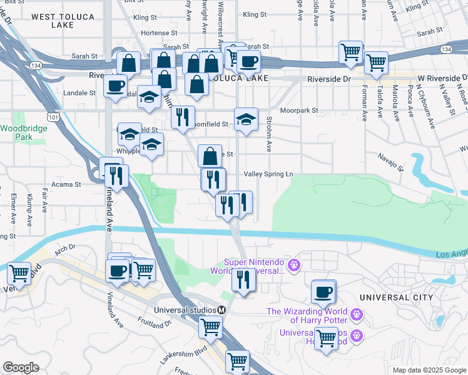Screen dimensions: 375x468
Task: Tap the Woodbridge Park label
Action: pyautogui.click(x=16, y=132)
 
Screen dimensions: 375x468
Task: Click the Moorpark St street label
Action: pyautogui.click(x=299, y=110)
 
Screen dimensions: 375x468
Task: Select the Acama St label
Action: pyautogui.click(x=69, y=184)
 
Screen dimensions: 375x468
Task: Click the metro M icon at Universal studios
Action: pyautogui.click(x=221, y=311)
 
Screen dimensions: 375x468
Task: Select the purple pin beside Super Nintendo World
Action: pyautogui.click(x=295, y=266)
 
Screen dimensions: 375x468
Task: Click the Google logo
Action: pyautogui.click(x=20, y=367)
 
